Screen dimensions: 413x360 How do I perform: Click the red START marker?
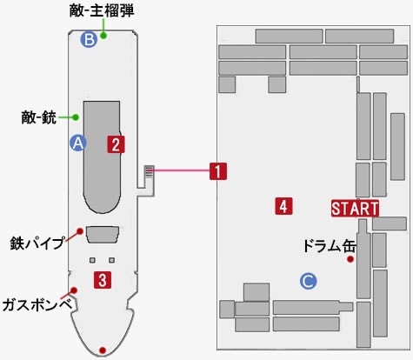355,208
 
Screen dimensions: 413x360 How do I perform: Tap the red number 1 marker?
218,171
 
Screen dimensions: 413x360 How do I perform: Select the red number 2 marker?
116,144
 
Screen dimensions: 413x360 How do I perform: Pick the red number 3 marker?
103,280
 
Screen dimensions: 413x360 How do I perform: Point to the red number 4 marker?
283,206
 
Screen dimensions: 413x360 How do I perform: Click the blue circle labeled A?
78,143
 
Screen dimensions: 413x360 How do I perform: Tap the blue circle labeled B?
89,39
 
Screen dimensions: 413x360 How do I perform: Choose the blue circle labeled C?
309,281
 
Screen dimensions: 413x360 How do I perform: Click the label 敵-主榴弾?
102,12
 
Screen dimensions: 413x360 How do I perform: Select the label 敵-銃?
39,117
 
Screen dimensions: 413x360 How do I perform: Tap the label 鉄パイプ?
37,243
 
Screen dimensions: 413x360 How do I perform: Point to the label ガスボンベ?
37,305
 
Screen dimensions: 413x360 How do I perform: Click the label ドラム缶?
330,246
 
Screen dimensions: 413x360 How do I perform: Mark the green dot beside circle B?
103,36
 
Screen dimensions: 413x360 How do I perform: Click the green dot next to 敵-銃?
76,117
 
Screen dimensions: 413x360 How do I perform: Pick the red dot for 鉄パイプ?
80,231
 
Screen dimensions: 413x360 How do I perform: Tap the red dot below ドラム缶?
350,259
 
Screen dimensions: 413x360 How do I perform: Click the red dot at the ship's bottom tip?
103,350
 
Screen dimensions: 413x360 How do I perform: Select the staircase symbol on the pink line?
150,171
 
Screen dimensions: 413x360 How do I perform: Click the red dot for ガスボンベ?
74,290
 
